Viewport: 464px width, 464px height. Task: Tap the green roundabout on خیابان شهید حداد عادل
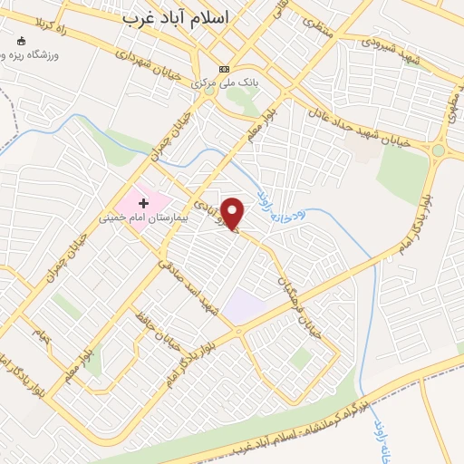440,150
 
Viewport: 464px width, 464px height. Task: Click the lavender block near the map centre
245,307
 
